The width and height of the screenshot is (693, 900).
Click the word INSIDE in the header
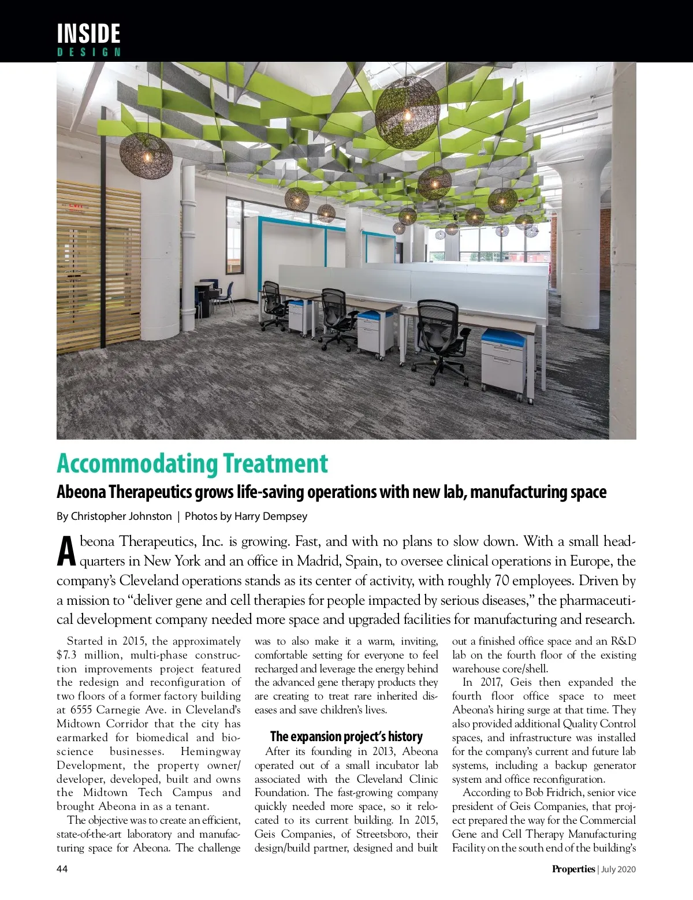point(88,33)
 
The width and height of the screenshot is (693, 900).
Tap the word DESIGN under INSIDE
point(88,52)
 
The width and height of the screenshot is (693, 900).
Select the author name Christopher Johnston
point(121,516)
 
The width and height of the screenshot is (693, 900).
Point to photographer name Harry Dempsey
point(271,516)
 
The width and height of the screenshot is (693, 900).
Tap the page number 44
point(62,869)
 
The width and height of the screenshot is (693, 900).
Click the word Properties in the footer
point(573,869)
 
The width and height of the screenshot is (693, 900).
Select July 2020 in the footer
point(619,869)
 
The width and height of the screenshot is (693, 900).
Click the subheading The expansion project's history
point(346,737)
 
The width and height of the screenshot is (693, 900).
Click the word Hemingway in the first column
point(210,752)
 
